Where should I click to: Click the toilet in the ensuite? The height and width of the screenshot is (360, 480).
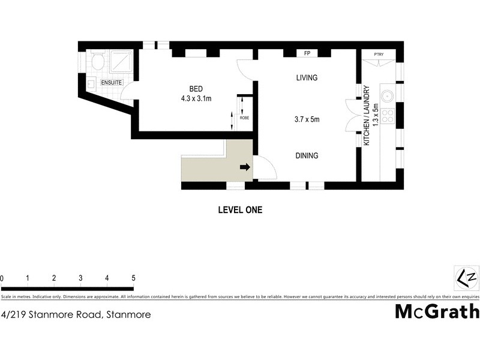tap(98, 61)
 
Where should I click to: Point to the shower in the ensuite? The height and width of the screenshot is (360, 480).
tap(122, 61)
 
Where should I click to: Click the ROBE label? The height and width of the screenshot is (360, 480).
tap(244, 118)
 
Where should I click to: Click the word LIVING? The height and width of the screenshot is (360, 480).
tap(307, 78)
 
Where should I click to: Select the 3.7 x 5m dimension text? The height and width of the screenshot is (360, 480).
tap(307, 119)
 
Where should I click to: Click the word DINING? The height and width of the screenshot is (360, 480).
tap(306, 155)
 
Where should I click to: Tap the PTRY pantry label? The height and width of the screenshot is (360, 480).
tap(379, 55)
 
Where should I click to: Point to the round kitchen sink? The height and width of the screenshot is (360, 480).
tap(388, 95)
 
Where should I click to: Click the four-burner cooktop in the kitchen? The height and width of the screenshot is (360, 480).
tap(388, 115)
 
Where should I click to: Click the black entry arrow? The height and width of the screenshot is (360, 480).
tap(244, 167)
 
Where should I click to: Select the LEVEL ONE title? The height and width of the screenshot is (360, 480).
tap(239, 210)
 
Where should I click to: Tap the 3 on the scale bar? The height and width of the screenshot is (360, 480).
tap(80, 278)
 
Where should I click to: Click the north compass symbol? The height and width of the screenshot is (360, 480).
tap(466, 278)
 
